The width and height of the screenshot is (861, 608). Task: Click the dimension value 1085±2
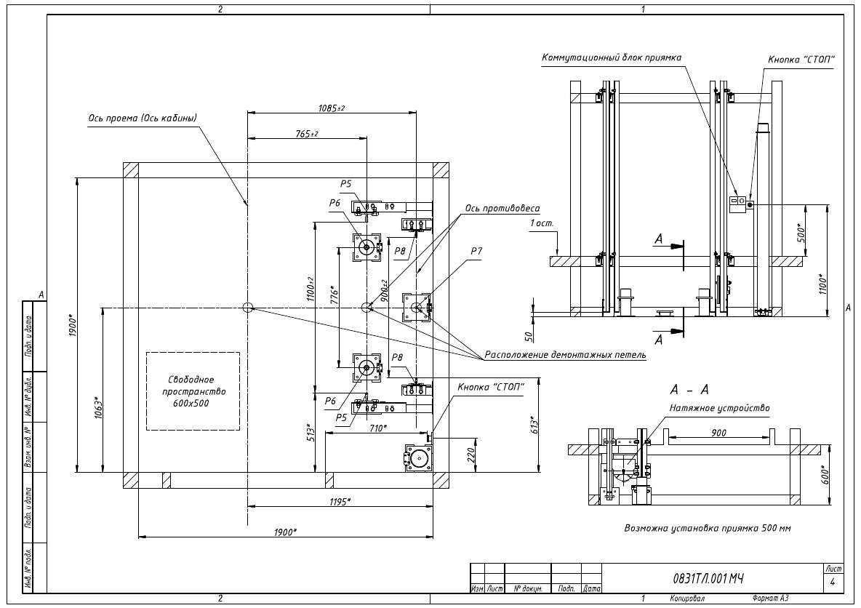point(331,108)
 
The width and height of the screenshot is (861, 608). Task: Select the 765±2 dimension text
point(306,134)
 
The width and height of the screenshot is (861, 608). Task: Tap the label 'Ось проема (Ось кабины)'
point(143,118)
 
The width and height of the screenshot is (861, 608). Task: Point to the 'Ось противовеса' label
point(502,209)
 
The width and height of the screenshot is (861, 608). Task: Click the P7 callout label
point(476,251)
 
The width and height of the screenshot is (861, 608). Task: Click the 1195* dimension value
point(340,501)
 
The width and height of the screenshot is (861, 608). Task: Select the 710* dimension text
point(377,428)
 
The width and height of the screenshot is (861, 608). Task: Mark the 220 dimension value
point(470,455)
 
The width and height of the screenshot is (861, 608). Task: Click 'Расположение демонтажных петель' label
point(565,355)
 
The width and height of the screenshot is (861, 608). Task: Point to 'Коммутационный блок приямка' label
point(611,57)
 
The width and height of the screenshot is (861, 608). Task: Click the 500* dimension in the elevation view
point(801,233)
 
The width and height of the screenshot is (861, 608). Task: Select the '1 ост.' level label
point(542,223)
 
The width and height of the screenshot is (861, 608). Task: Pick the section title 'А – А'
point(689,389)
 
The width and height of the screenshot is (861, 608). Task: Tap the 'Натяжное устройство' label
point(719,408)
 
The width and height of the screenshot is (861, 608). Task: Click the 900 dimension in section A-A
point(718,433)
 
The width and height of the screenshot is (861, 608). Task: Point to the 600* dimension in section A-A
point(824,474)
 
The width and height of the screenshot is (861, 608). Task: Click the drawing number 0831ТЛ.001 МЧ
point(708,578)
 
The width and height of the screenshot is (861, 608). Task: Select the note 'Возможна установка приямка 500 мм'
point(708,528)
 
